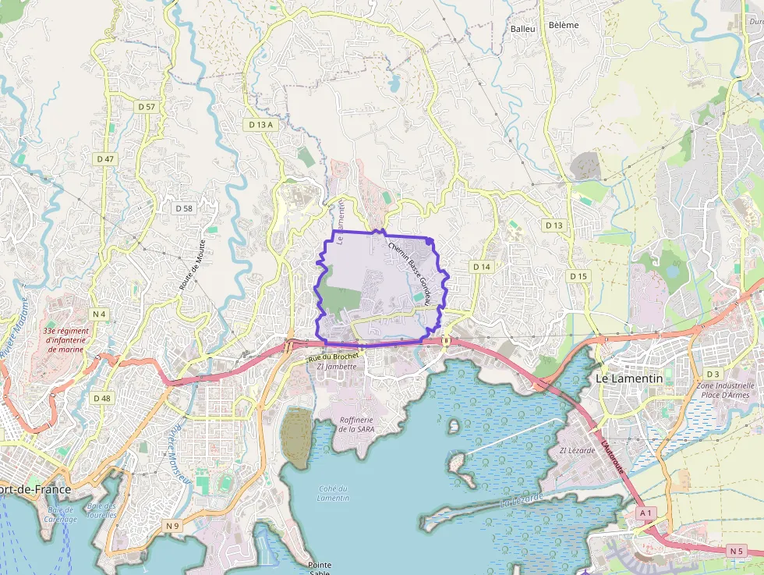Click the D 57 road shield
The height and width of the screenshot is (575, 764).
[146, 106]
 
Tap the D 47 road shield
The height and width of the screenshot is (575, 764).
[105, 158]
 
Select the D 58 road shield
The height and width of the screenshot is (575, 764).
[184, 208]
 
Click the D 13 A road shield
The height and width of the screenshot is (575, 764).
[260, 125]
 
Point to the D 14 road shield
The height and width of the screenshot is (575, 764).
[482, 267]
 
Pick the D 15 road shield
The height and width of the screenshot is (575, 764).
[578, 276]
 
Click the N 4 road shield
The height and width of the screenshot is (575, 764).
[98, 314]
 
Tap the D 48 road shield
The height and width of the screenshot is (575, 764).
[102, 398]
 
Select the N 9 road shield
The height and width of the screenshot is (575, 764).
[172, 526]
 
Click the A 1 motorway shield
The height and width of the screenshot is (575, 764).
[645, 513]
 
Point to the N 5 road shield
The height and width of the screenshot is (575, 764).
[737, 551]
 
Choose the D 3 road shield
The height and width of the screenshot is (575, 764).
[713, 374]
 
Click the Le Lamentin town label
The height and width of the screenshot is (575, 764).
[629, 378]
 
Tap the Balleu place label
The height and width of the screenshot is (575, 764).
[522, 29]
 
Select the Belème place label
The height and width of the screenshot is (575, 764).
[564, 25]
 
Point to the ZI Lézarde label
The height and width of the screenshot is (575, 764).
[577, 450]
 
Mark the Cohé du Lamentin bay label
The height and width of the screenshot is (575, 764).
[334, 493]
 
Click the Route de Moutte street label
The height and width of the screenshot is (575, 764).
[193, 265]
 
